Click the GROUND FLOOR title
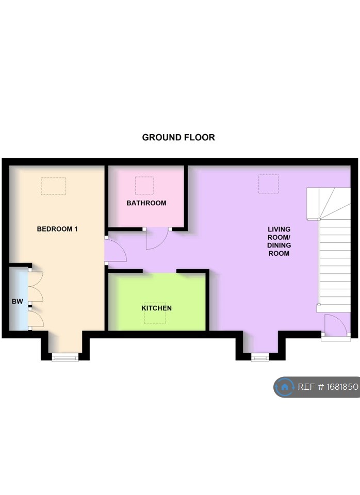pyautogui.click(x=178, y=138)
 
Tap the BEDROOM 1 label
pyautogui.click(x=57, y=229)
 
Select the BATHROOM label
pyautogui.click(x=146, y=203)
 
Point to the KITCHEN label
pyautogui.click(x=157, y=308)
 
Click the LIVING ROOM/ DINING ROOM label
pyautogui.click(x=279, y=241)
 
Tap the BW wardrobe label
pyautogui.click(x=18, y=301)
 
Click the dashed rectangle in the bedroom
pyautogui.click(x=54, y=186)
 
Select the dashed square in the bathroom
pyautogui.click(x=144, y=185)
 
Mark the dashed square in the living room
pyautogui.click(x=268, y=184)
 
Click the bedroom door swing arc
pyautogui.click(x=116, y=251)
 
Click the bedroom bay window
pyautogui.click(x=66, y=355)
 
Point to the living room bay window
pyautogui.click(x=260, y=356)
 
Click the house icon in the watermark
pyautogui.click(x=284, y=387)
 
